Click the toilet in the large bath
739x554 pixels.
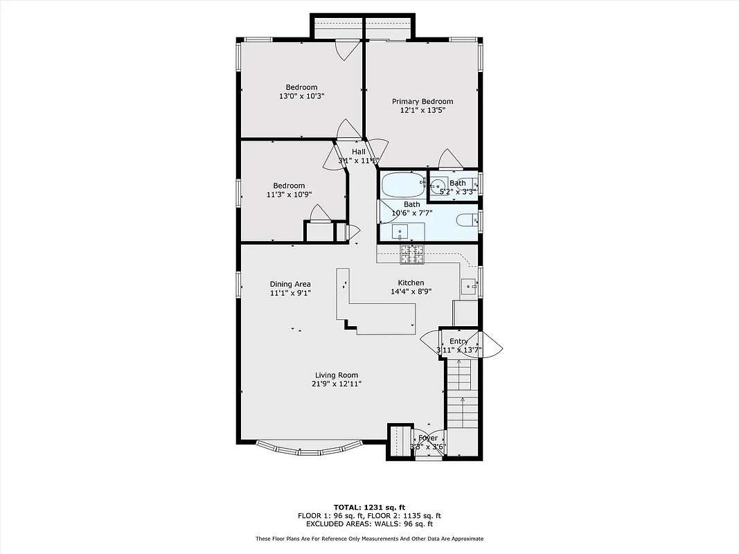(x=465, y=220)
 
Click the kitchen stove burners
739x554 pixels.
(x=411, y=254)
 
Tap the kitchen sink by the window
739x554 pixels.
(x=469, y=285)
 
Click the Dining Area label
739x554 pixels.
(x=290, y=284)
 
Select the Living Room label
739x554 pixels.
(x=337, y=375)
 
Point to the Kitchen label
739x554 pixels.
(x=411, y=283)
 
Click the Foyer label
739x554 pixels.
(x=428, y=438)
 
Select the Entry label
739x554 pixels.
(x=458, y=341)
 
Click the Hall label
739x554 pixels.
(x=359, y=152)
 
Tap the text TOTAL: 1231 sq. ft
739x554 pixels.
(x=369, y=506)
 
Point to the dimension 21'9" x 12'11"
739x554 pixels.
(x=337, y=384)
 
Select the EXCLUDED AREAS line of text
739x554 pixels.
(x=369, y=524)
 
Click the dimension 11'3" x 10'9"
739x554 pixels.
(x=289, y=195)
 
